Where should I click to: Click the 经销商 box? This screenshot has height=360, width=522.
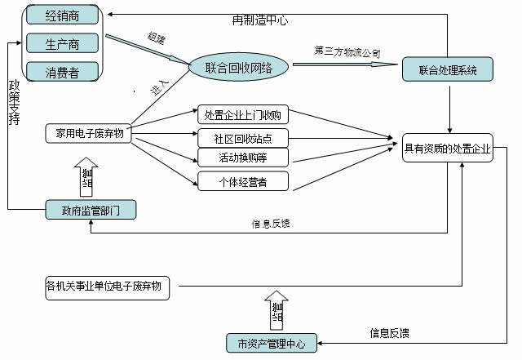pyautogui.click(x=63, y=15)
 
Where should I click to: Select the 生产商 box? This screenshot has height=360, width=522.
pyautogui.click(x=63, y=42)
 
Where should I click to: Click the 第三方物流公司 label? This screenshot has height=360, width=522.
pyautogui.click(x=347, y=51)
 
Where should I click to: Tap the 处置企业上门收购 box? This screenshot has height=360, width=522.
pyautogui.click(x=243, y=114)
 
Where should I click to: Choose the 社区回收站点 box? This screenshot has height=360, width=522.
pyautogui.click(x=243, y=136)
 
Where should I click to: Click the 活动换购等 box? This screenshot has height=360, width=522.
pyautogui.click(x=243, y=158)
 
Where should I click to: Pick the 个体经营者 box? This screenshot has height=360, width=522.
pyautogui.click(x=243, y=180)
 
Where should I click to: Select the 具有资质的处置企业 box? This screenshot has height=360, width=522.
pyautogui.click(x=448, y=149)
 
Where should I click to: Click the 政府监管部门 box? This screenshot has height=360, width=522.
pyautogui.click(x=89, y=210)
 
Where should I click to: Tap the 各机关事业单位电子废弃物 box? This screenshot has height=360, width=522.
pyautogui.click(x=108, y=287)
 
